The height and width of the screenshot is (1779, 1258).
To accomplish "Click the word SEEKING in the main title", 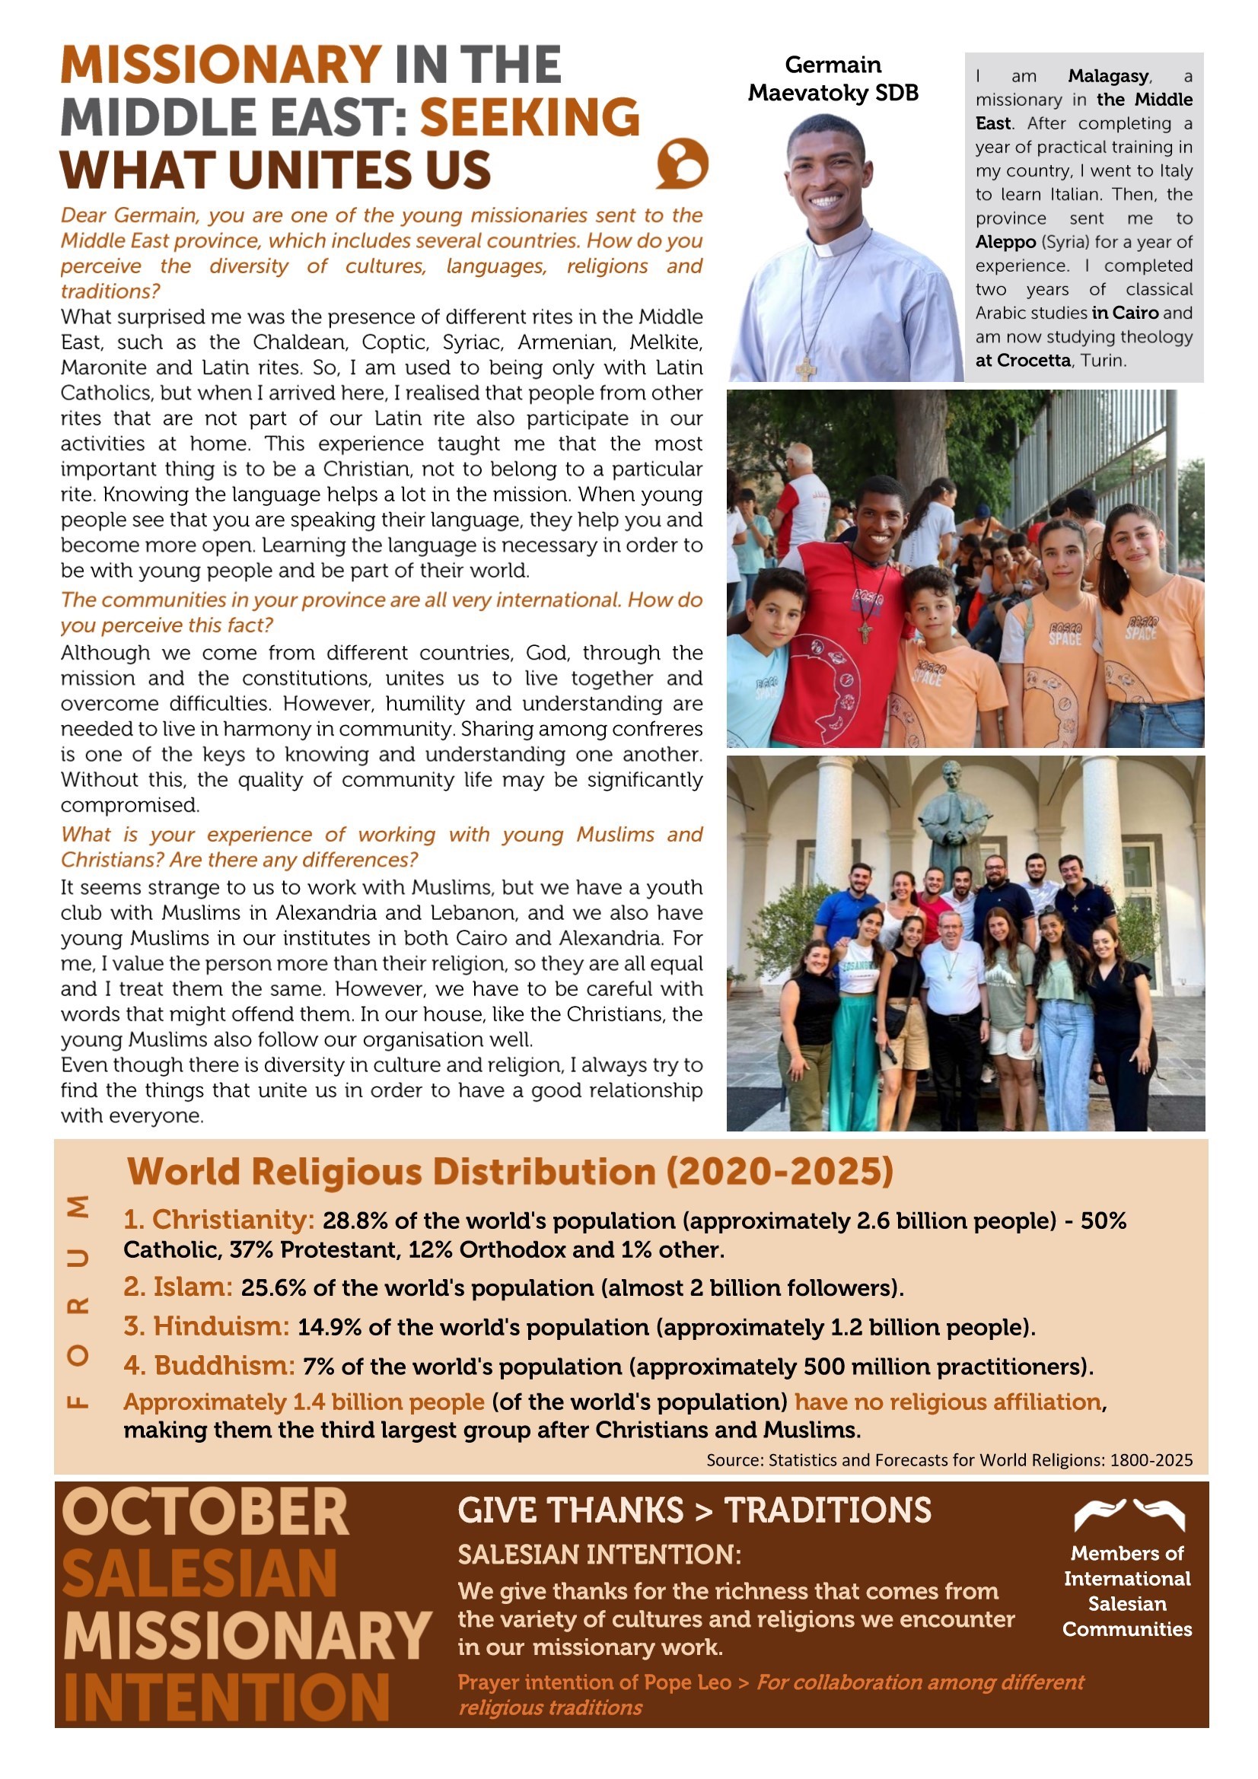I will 530,117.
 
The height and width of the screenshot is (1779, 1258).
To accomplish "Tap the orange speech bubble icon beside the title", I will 682,164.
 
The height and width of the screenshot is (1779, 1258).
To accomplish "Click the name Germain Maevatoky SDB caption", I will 833,78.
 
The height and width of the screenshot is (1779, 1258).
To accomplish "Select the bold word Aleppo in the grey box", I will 1005,242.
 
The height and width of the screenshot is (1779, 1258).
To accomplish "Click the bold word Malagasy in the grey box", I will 1107,76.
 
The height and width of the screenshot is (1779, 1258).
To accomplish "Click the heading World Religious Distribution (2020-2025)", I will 509,1172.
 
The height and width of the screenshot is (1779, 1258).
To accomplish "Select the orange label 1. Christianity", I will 218,1220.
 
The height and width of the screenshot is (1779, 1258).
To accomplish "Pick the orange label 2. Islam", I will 177,1287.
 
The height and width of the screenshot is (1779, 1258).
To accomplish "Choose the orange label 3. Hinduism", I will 206,1326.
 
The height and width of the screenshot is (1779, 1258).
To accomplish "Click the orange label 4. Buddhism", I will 209,1365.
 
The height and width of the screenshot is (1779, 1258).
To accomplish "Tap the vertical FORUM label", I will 78,1302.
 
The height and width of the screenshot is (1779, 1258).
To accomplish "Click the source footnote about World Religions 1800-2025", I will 949,1459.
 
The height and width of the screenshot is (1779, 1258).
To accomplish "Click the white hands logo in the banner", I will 1129,1516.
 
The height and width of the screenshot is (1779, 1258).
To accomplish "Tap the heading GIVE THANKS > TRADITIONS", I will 694,1510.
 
